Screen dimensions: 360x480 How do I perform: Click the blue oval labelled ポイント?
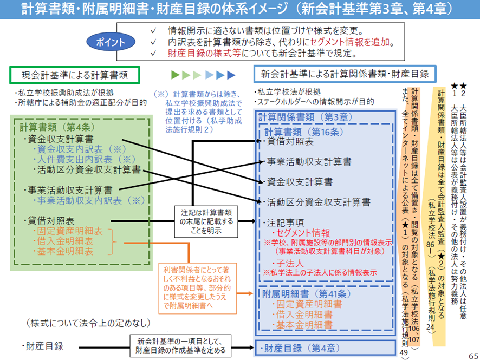pos(111,42)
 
